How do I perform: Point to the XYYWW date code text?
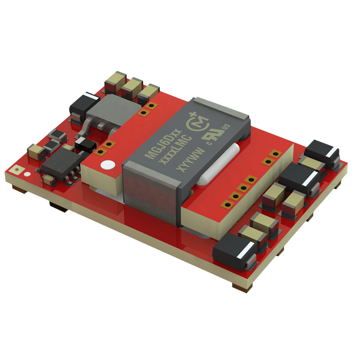pos(189,160)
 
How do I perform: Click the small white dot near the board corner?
pos(27,174)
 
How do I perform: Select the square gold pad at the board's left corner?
pos(17,170)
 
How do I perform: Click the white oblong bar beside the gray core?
pos(218,164)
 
